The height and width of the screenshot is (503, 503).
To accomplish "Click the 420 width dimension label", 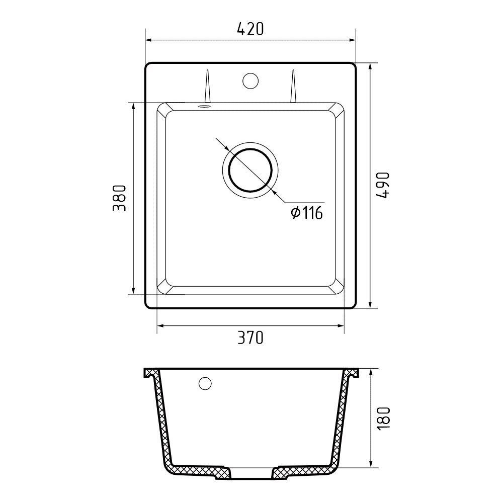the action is coord(250,29).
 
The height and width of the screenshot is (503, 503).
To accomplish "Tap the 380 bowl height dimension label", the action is coord(119,198).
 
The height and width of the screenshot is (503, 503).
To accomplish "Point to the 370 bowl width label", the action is coord(250,338).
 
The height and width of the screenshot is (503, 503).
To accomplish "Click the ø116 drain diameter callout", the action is coord(307,213).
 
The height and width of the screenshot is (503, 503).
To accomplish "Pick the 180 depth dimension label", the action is coord(384,418).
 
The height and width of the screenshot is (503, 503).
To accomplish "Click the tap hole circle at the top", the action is coord(250,81).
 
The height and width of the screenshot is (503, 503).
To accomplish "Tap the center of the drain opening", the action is coord(250,170).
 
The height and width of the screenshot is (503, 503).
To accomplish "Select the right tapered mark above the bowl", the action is coord(293,86).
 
